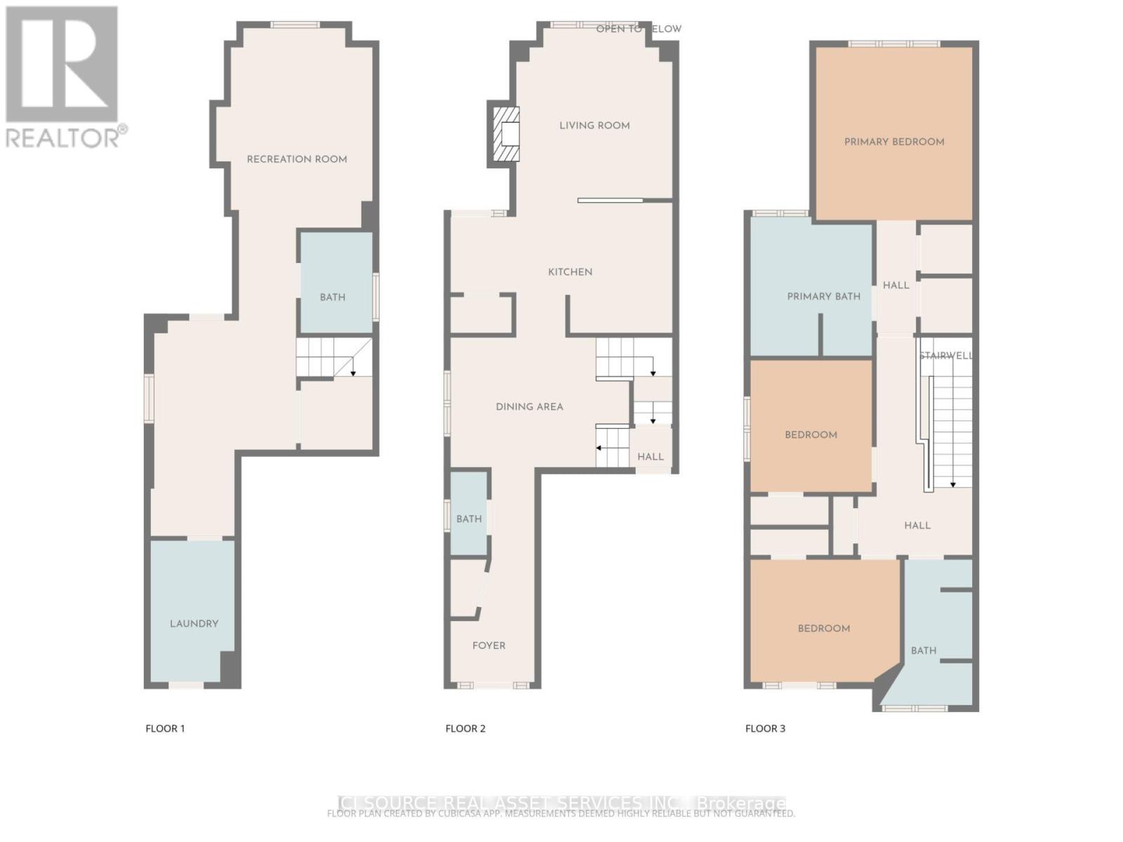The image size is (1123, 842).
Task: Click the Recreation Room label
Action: (297, 159)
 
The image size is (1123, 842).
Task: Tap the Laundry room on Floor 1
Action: (194, 623)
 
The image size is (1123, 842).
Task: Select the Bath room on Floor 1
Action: (333, 296)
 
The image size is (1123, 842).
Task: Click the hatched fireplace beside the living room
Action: (505, 135)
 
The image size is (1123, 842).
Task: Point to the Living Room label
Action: (594, 126)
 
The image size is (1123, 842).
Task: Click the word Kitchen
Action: (570, 272)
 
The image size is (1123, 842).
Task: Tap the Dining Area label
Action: (529, 406)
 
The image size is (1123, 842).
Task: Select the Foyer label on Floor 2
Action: (489, 646)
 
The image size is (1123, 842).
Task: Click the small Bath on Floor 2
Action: (469, 519)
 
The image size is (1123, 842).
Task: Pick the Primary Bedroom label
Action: (894, 142)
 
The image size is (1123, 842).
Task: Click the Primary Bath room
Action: (823, 296)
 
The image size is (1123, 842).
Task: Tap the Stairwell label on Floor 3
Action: (946, 356)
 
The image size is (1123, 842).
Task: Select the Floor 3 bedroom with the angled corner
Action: (823, 628)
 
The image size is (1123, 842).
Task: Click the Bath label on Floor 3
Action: (924, 650)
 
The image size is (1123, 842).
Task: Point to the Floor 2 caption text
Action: (465, 728)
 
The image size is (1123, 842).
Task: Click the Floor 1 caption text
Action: (165, 728)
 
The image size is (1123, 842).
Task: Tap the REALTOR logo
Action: (65, 77)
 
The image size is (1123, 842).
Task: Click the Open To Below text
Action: (639, 29)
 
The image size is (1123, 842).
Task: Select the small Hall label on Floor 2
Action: (651, 457)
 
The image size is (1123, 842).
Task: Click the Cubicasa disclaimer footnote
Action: (561, 814)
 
